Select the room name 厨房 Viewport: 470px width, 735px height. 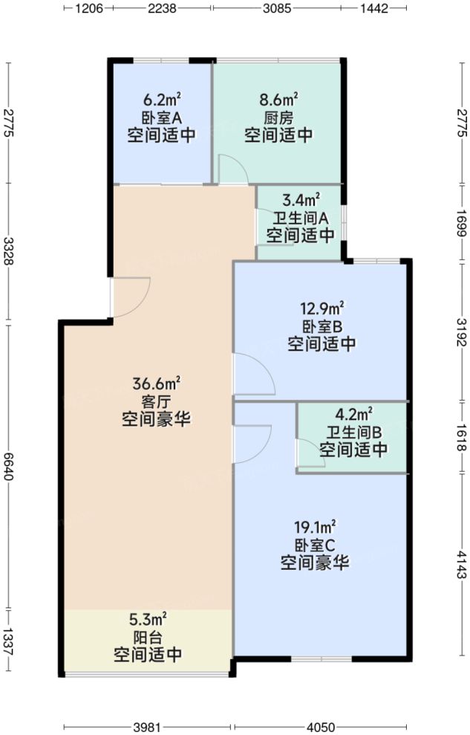278,117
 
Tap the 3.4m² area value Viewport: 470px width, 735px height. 301,200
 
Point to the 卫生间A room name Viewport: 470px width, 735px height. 301,218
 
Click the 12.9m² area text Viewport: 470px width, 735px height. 322,308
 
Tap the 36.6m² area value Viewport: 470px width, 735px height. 157,384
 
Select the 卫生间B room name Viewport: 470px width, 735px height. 353,432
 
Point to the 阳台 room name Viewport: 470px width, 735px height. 148,637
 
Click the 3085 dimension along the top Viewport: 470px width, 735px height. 277,8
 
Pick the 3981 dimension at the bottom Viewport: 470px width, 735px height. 148,726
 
